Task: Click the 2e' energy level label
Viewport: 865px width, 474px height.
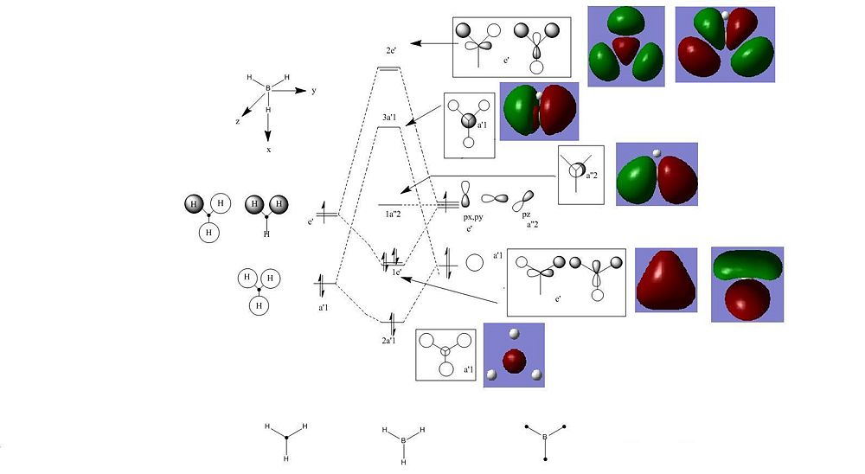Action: tap(391, 51)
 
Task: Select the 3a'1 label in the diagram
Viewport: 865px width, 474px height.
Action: tap(389, 118)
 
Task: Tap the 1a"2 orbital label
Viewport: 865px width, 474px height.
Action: tap(393, 214)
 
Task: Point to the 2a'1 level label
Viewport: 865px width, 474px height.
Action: tap(389, 341)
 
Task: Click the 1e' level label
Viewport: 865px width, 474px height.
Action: tap(397, 272)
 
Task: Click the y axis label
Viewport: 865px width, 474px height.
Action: tap(314, 90)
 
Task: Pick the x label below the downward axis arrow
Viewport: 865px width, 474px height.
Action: tap(269, 150)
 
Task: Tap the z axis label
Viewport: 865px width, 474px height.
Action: tap(238, 121)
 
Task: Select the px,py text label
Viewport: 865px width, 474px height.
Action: tap(473, 217)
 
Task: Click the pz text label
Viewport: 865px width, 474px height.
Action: tap(526, 215)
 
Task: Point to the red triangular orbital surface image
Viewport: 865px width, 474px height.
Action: tap(666, 280)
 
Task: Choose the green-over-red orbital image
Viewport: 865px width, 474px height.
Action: tap(747, 285)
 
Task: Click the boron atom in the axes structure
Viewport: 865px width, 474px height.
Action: tap(268, 88)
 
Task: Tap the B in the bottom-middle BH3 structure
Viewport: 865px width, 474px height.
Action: tap(403, 440)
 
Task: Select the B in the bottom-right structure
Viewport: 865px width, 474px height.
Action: tap(545, 437)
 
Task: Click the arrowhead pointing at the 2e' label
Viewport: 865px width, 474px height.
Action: tap(416, 43)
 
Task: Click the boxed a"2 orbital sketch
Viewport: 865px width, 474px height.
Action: tap(581, 175)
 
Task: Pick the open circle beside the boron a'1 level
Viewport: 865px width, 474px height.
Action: tap(474, 263)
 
